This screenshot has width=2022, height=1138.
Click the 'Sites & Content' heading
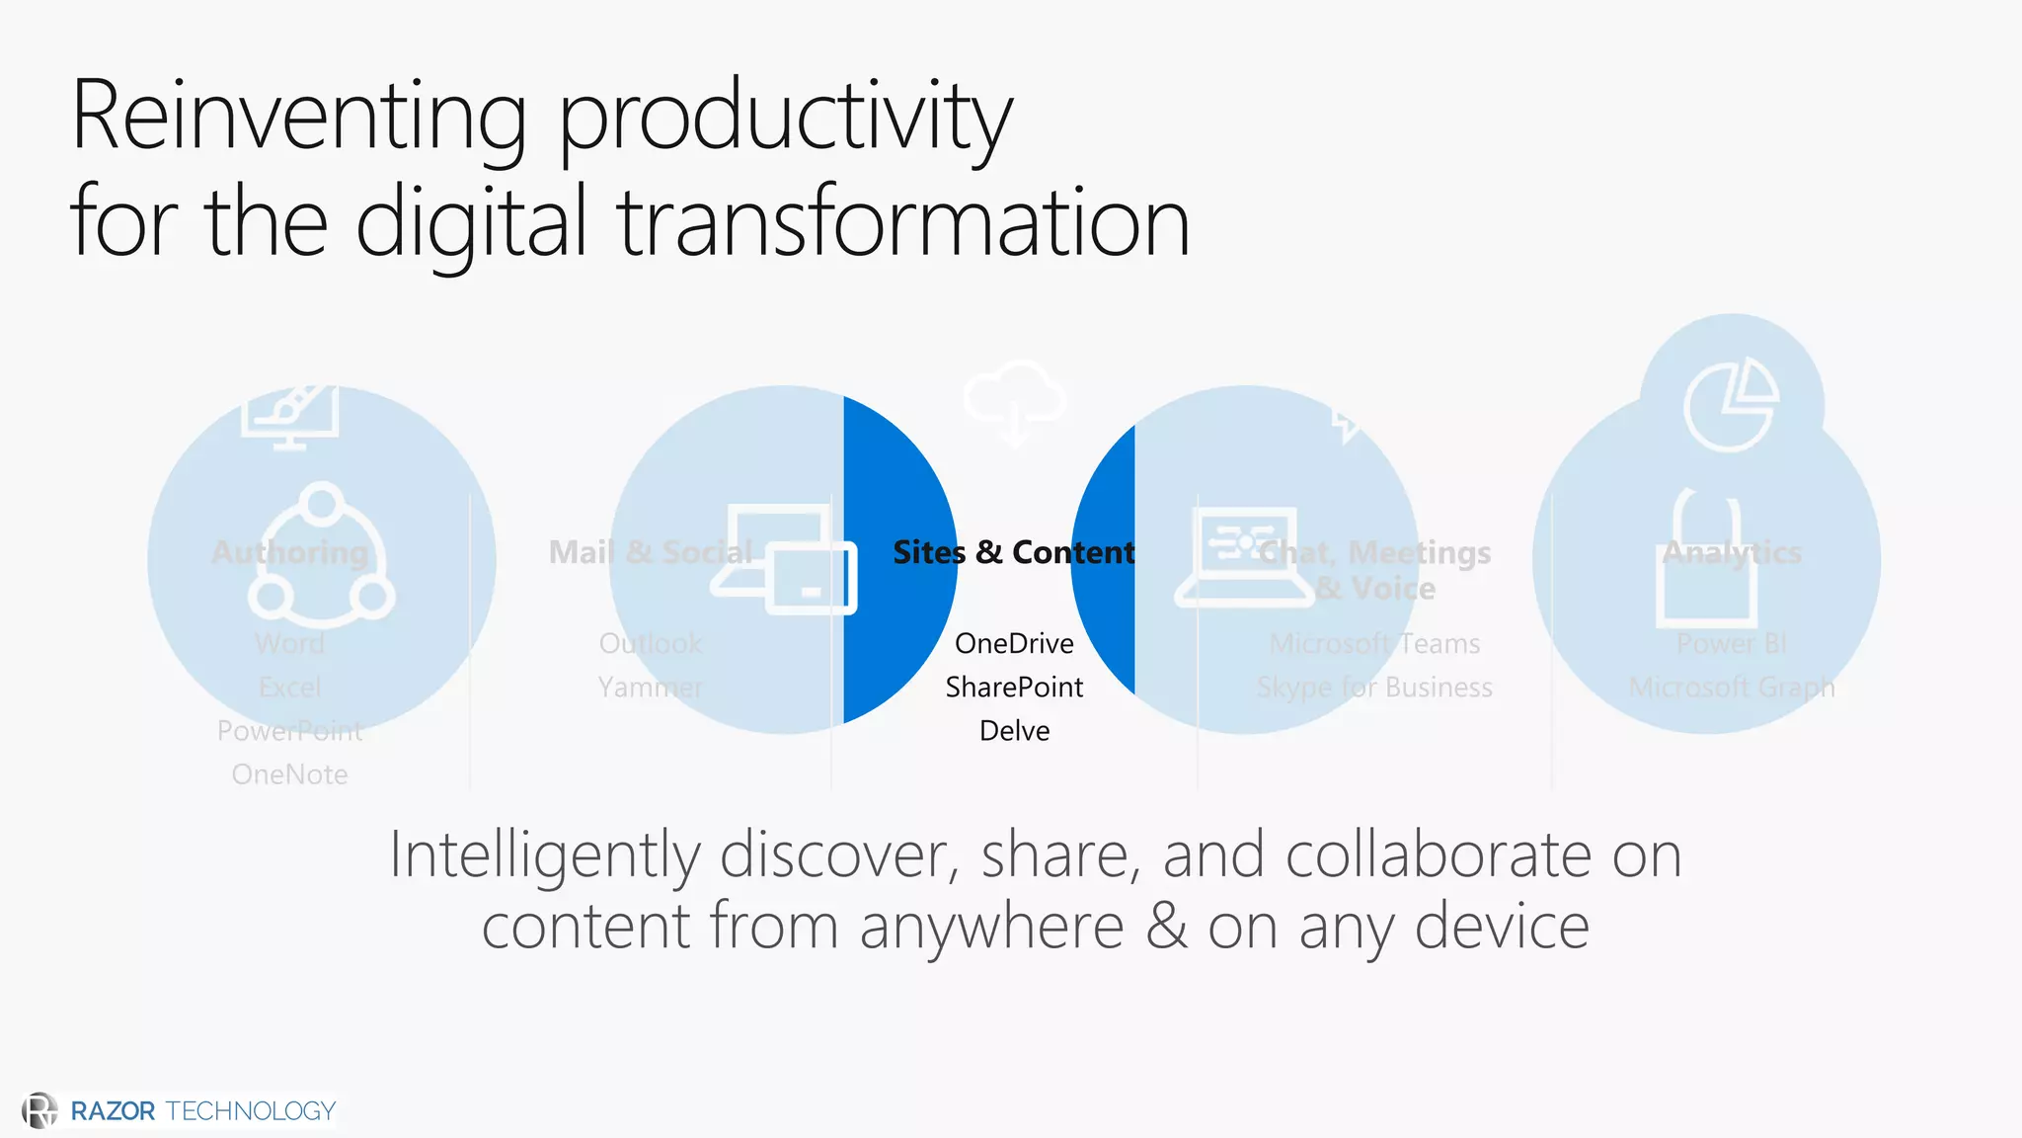[1014, 552]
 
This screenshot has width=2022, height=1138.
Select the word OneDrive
[1014, 643]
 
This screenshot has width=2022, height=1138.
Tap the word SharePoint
[1014, 687]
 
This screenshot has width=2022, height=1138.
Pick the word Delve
[1014, 730]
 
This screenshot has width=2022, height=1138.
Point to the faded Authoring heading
[289, 552]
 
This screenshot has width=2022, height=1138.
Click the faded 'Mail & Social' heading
[651, 552]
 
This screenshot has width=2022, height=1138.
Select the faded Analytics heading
[1732, 552]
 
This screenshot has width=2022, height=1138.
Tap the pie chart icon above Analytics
[1731, 405]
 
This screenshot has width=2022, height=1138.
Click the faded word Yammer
[651, 687]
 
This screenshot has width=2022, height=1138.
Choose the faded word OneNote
[289, 773]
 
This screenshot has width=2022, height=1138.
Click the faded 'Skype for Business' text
[1374, 687]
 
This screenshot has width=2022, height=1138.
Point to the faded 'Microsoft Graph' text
[1732, 687]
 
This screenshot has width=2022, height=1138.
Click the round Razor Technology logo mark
[39, 1110]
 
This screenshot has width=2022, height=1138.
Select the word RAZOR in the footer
[113, 1111]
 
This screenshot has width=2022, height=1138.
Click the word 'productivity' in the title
[786, 119]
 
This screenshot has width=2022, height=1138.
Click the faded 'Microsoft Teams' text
[1374, 643]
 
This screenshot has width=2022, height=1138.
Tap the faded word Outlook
[651, 643]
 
